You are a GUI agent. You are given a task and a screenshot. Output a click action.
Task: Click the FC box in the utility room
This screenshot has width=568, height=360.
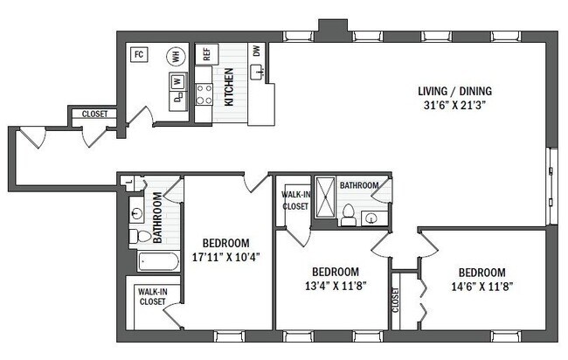[138, 55]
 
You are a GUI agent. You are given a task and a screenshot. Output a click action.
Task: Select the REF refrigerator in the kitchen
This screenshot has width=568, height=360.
[206, 53]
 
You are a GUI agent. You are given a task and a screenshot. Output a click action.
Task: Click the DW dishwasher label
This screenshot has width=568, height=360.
[257, 51]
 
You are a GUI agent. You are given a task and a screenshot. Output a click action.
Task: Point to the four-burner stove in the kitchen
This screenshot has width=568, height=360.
[204, 93]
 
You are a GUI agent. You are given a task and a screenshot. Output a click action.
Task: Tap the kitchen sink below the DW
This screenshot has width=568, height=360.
[259, 73]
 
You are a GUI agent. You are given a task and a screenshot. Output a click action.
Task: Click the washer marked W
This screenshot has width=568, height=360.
[177, 81]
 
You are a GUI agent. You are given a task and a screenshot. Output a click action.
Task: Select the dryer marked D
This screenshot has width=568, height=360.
[177, 97]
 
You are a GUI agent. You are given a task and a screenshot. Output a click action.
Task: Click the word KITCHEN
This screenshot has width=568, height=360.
[230, 87]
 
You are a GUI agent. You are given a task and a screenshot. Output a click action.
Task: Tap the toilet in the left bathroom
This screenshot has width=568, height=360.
[141, 236]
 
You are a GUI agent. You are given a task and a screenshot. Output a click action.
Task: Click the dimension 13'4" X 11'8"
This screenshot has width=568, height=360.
[335, 285]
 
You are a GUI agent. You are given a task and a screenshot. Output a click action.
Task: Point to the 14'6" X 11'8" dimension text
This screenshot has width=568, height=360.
[481, 285]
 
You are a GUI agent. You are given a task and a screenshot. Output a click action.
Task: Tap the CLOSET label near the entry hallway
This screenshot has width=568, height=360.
[94, 114]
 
